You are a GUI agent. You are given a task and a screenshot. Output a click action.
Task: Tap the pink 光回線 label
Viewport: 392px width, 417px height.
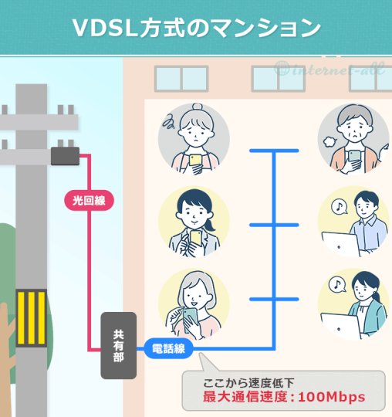coord(89,201)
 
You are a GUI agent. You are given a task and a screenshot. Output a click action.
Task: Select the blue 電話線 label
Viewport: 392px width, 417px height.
coord(169,349)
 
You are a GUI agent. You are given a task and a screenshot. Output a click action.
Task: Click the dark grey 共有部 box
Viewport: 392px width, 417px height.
coord(119,345)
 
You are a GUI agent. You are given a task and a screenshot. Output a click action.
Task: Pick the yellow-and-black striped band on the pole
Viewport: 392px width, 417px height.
coord(31,317)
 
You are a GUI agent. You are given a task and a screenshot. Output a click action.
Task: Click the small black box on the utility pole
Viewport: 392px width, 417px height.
coord(65,155)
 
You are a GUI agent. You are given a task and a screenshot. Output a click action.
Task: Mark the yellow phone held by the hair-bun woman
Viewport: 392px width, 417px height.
coord(196,161)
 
